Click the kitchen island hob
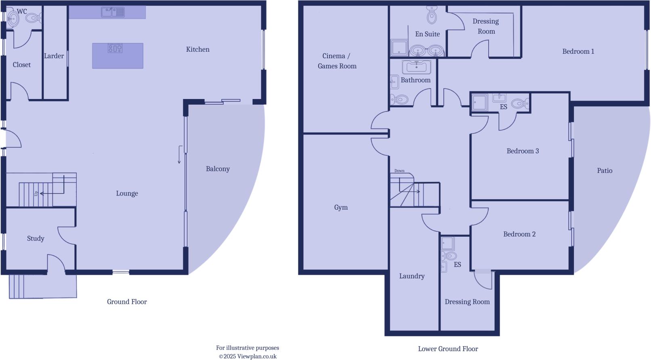coord(115,48)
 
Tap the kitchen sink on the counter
coord(113,13)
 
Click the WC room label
coord(22,11)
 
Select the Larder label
coord(54,56)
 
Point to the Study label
coord(36,238)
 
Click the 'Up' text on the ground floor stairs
coord(36,194)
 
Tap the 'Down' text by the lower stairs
coord(399,171)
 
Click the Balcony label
coord(218,169)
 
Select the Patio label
coord(605,171)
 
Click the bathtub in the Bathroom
coord(416,67)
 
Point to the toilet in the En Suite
coord(432,16)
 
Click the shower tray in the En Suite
coord(399,47)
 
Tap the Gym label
coord(341,207)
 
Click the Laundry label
coord(412,276)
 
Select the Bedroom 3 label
coord(523,151)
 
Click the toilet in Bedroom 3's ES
coord(519,104)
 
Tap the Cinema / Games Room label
coord(337,61)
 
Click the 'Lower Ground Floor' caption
coord(448,349)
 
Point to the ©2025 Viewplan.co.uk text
coord(248,356)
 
